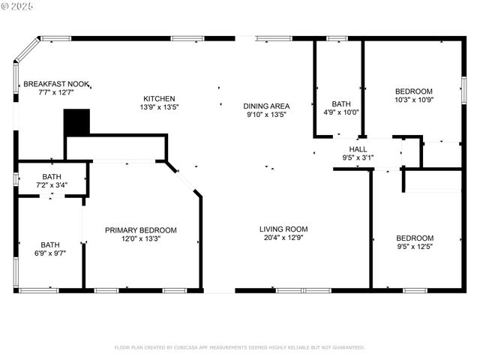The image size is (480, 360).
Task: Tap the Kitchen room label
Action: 160,98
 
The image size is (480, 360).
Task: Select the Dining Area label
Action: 268,106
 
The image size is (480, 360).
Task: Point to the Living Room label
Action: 283,229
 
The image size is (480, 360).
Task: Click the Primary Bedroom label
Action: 141,230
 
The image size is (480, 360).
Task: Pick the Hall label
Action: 358,149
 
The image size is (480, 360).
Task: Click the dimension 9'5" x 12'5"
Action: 415,246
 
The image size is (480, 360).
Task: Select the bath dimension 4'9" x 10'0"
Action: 341,112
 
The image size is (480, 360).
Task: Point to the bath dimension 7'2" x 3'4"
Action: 52,184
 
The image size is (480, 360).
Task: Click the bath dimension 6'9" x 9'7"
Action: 50,253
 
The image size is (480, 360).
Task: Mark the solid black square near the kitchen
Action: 76,122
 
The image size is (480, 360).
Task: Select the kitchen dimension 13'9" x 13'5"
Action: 160,106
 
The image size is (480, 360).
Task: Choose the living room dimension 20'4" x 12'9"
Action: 283,238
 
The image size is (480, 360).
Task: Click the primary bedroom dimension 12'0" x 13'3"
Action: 141,238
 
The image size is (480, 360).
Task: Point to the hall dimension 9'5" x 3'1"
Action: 358,157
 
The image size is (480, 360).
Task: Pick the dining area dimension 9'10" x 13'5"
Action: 268,115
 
